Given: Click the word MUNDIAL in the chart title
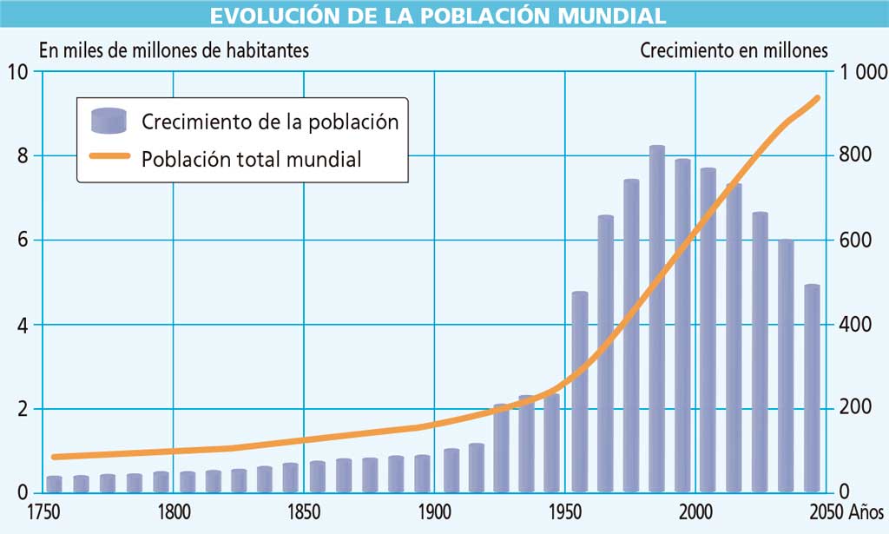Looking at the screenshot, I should (x=608, y=15).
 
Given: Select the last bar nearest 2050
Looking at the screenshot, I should (x=812, y=391).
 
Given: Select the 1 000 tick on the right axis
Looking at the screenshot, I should (x=861, y=73).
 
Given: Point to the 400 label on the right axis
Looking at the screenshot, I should (x=855, y=326).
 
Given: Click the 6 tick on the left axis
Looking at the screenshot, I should (x=21, y=241).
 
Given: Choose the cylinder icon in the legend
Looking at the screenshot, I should (x=109, y=121).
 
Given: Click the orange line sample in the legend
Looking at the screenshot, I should (x=109, y=159).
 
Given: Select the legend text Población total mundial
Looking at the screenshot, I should (x=251, y=160).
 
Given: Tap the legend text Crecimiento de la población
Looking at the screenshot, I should (x=270, y=122).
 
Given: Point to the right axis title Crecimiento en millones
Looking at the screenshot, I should (x=734, y=50).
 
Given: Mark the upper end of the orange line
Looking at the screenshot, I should (x=816, y=98).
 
